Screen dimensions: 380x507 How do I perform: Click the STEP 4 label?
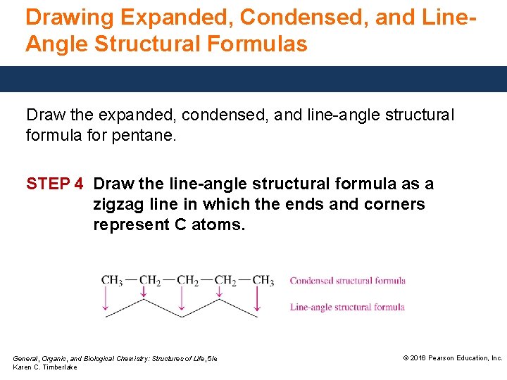click(55, 184)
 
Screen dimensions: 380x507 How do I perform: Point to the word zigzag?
click(122, 205)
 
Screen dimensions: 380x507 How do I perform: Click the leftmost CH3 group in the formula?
click(111, 281)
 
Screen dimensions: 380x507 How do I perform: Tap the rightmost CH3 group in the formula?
click(263, 281)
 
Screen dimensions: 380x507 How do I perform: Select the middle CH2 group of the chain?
click(187, 281)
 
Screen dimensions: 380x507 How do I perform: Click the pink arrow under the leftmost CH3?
click(106, 299)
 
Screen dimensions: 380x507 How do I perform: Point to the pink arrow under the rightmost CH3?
click(256, 299)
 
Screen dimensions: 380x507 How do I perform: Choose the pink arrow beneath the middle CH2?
click(181, 299)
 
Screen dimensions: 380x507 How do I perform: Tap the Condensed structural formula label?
click(348, 281)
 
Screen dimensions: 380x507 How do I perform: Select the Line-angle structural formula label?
click(347, 307)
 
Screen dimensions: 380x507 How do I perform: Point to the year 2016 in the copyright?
click(418, 358)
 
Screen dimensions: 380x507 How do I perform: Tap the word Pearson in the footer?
click(442, 358)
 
